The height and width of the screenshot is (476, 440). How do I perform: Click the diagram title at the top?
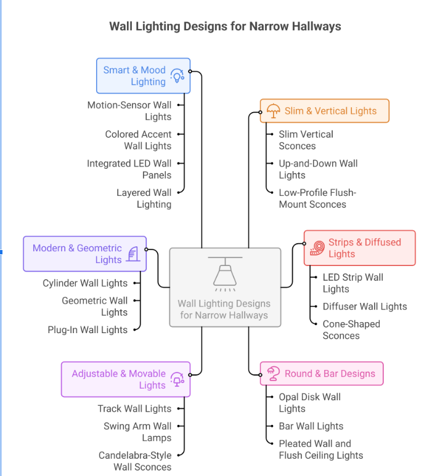pyautogui.click(x=225, y=26)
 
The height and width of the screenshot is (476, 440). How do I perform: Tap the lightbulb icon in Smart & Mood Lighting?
pyautogui.click(x=177, y=76)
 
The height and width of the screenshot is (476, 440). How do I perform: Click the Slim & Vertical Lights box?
pyautogui.click(x=324, y=111)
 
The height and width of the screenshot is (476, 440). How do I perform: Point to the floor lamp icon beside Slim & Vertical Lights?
pyautogui.click(x=273, y=111)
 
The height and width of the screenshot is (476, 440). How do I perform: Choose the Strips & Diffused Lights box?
pyautogui.click(x=359, y=248)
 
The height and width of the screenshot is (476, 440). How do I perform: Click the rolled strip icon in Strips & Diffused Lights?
pyautogui.click(x=317, y=248)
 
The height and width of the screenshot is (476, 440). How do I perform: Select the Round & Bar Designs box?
pyautogui.click(x=322, y=373)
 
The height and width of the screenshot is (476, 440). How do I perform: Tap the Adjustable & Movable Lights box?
pyautogui.click(x=126, y=379)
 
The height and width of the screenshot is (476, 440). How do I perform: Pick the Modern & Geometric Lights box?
pyautogui.click(x=84, y=254)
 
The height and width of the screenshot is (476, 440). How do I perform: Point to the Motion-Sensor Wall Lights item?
pyautogui.click(x=129, y=111)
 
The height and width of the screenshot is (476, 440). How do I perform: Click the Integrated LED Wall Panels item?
pyautogui.click(x=129, y=169)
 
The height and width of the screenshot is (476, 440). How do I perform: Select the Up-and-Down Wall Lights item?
pyautogui.click(x=317, y=169)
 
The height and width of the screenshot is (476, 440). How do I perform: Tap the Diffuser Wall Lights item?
pyautogui.click(x=364, y=306)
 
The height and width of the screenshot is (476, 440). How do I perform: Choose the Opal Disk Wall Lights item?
pyautogui.click(x=309, y=403)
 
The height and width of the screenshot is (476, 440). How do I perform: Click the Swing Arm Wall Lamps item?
pyautogui.click(x=137, y=432)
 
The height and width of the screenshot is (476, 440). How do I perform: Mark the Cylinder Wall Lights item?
pyautogui.click(x=85, y=283)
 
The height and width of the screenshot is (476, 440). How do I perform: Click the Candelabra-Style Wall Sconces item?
pyautogui.click(x=135, y=461)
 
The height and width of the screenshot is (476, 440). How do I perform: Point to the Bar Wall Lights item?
pyautogui.click(x=311, y=426)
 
